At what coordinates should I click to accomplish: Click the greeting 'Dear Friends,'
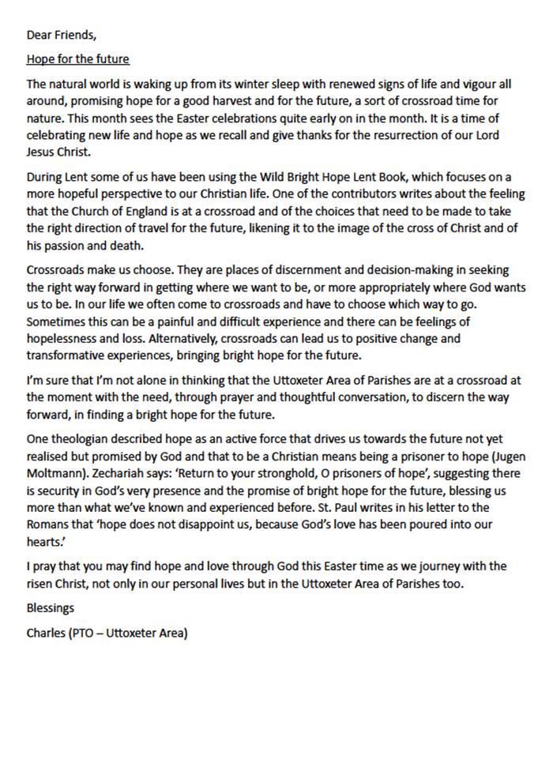coord(62,35)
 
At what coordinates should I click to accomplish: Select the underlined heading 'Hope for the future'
coord(77,58)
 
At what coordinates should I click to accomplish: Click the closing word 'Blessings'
coord(51,608)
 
